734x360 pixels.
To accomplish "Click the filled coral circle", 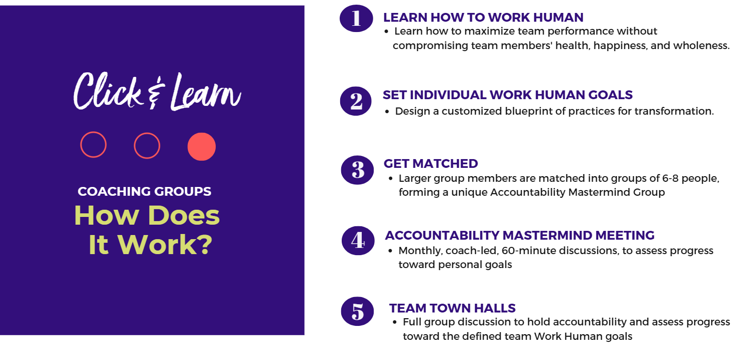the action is coord(201,147).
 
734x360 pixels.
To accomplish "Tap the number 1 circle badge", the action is coord(356,19).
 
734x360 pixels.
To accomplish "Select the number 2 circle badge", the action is coord(356,101).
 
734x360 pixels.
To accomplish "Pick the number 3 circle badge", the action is coord(357,170).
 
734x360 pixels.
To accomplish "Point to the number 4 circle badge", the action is coord(358,241).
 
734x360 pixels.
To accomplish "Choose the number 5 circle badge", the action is coord(357,311).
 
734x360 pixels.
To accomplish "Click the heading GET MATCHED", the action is coord(430,164).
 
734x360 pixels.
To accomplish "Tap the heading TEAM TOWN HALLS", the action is coord(452,308).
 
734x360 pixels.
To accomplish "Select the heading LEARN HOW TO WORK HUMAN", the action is coord(483,18).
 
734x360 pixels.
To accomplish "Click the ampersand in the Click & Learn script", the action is coord(155,92).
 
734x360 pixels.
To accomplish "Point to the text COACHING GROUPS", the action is coord(145,192).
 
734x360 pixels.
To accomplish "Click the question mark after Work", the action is coord(206,244).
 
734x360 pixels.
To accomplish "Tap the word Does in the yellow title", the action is coord(184,215).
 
